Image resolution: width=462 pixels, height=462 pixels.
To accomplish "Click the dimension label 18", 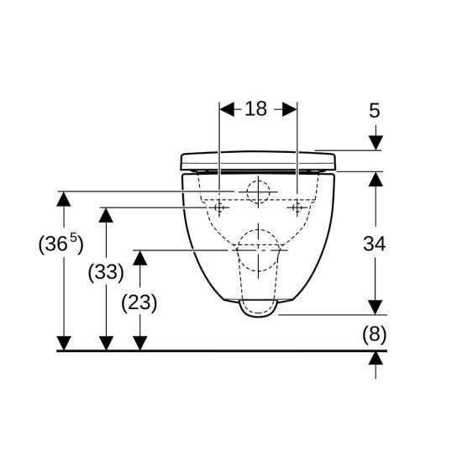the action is point(255,108).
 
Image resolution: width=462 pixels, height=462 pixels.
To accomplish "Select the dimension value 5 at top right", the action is point(375,111).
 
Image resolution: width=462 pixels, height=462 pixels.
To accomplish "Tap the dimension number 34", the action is point(374,244).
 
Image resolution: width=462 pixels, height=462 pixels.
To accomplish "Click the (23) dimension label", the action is point(139,302).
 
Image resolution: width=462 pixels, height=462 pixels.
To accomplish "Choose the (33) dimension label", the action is point(106,272).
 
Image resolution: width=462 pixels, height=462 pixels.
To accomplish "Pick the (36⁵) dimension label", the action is point(61,244).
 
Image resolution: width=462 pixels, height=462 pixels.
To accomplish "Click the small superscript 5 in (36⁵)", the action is point(73,237).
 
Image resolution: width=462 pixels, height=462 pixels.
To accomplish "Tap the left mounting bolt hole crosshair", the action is point(219,207).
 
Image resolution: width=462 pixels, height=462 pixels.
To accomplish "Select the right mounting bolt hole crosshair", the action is point(297,207).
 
